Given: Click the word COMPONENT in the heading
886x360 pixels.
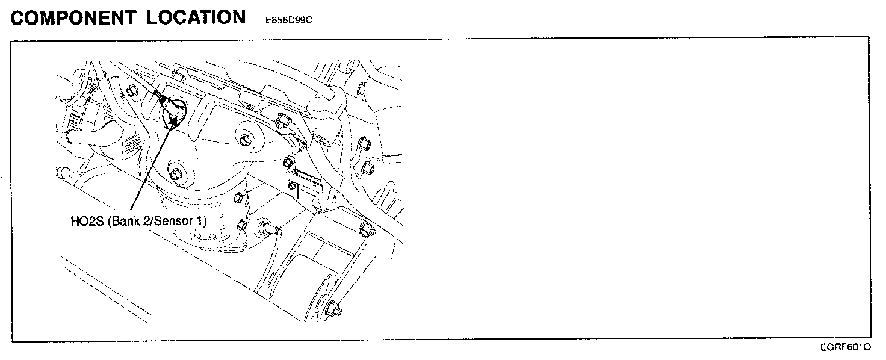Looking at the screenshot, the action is click(73, 17).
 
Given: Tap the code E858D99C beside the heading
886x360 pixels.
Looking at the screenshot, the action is click(288, 20).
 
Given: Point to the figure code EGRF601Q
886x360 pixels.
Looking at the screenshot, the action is click(845, 347).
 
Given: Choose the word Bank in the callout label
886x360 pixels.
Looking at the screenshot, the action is click(128, 221).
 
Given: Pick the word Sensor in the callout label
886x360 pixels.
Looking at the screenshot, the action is click(176, 221).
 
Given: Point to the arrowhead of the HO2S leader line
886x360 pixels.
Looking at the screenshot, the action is click(174, 120).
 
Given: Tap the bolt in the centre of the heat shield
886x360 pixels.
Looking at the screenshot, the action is click(244, 141).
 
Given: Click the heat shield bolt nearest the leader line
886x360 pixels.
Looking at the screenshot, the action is click(176, 175).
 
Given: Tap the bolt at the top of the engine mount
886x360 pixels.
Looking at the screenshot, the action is click(364, 229).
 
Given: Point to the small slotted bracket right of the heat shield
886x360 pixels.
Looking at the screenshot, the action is click(305, 180).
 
